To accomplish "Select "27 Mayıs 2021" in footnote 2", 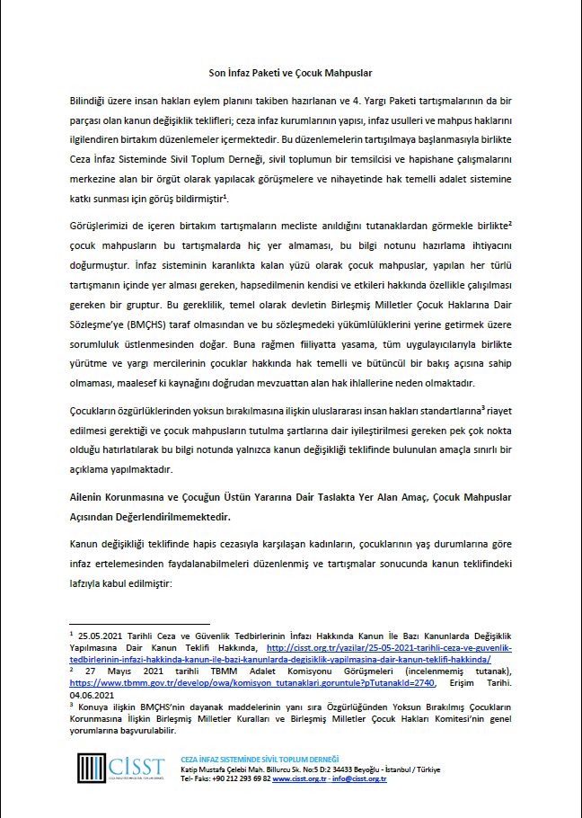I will click(114, 671).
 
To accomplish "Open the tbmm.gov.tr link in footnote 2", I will click(248, 682).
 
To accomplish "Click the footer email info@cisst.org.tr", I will click(360, 779).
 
